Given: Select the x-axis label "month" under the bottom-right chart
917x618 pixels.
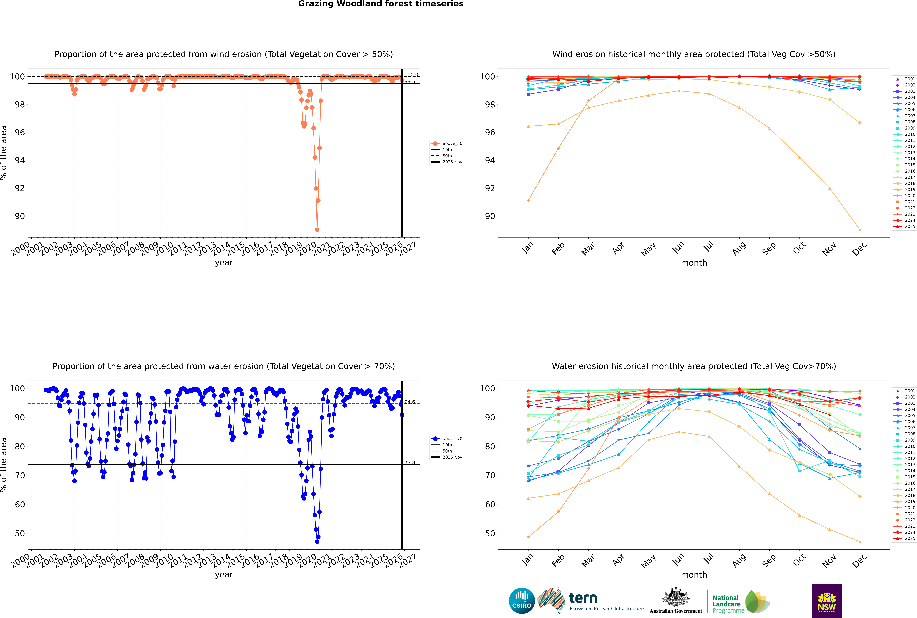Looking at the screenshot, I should click(694, 575).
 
